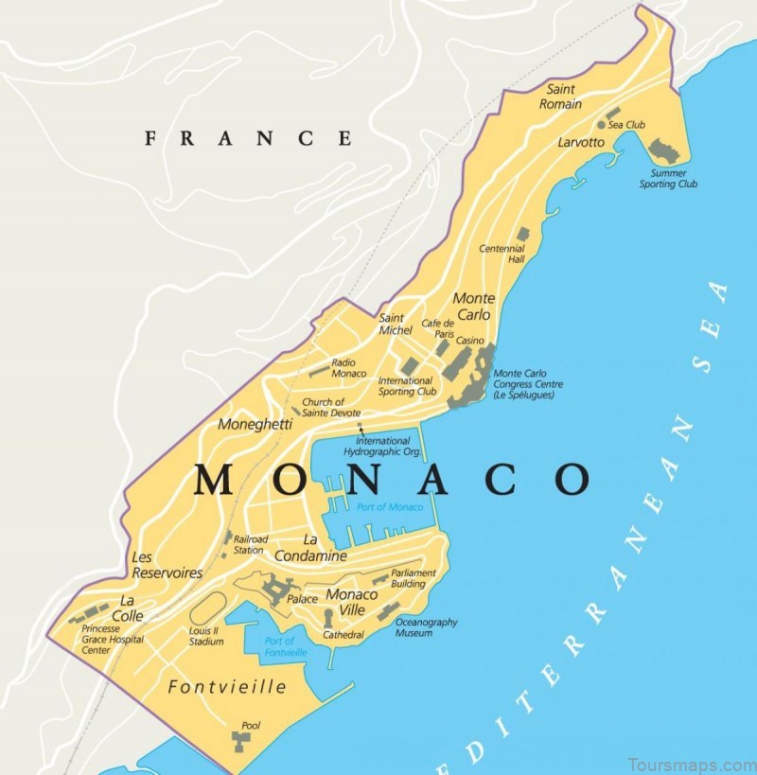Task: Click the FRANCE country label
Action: (248, 138)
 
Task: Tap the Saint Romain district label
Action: (560, 97)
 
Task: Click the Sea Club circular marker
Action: (601, 125)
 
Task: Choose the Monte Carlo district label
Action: (473, 306)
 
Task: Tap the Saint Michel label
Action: (396, 324)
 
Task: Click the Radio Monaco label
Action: (348, 367)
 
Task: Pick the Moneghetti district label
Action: (255, 425)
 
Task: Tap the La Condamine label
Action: (310, 549)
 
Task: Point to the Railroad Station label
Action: (249, 544)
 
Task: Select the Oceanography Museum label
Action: (426, 627)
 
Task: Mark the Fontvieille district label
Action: (226, 687)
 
